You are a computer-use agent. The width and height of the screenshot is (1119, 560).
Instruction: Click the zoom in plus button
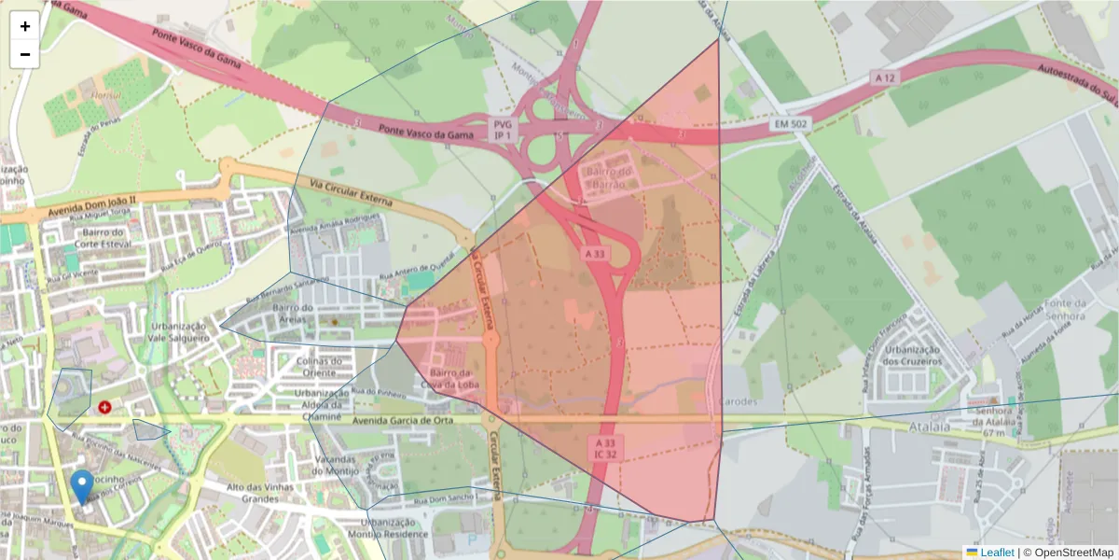coord(25,26)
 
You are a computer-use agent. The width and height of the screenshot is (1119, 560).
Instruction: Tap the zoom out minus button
coord(25,54)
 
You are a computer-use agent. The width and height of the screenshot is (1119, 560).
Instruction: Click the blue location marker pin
coord(82,486)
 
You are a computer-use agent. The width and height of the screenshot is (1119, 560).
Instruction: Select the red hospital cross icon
coord(104,408)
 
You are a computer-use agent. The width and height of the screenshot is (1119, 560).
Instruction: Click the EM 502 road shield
coord(790,123)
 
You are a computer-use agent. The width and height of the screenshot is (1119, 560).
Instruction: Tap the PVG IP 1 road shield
coord(504,130)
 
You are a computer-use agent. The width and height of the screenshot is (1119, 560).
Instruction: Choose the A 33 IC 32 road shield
coord(603,447)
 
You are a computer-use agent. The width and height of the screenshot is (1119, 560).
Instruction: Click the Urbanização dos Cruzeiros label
coord(916,356)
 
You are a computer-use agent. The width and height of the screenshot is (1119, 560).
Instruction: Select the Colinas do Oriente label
coord(321,367)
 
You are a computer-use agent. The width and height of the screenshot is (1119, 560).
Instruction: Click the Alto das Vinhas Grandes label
coord(261,493)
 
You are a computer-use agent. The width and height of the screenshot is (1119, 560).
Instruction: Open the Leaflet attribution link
coord(996,553)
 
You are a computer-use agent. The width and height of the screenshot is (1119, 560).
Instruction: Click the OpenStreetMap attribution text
coord(1068,553)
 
